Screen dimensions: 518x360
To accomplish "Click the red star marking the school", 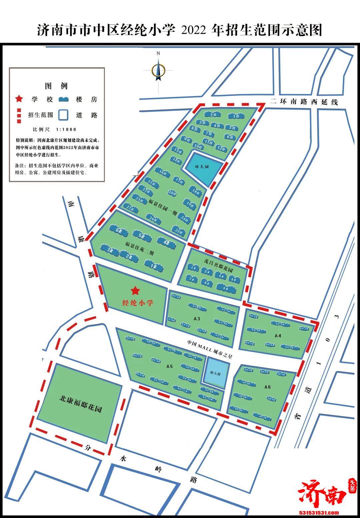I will pos(135,291).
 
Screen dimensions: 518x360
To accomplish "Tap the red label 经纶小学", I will pos(138,303).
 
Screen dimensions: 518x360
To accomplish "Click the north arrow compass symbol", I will pos(158,71).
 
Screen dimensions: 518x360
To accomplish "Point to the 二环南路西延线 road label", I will pos(304,102).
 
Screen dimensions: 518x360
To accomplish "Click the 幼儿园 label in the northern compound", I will pos(202,166).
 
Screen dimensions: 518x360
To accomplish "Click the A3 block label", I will pos(197,319).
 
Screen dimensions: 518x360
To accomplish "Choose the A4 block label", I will pos(278,336).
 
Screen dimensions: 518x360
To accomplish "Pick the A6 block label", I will pos(267,387).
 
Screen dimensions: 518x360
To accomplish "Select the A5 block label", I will pos(169,366).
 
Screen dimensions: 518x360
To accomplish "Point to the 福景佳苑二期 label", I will pos(140,248).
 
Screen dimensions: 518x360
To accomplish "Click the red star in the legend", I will pos(19,99).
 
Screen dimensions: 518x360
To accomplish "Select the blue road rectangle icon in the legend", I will pos(63,115).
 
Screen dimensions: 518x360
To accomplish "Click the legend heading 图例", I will pos(56,86).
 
